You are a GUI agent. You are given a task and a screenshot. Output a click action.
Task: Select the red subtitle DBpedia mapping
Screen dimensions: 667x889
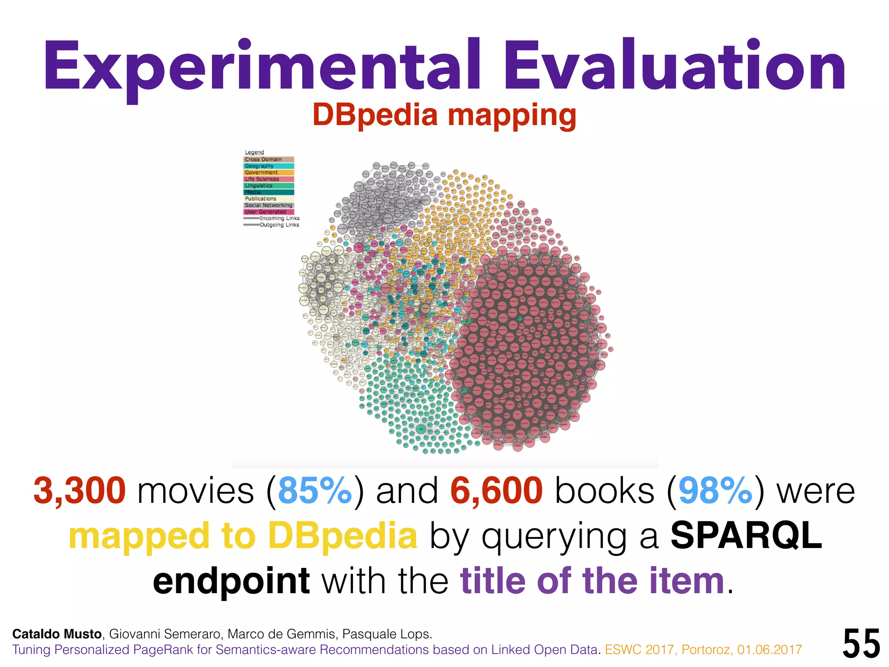[444, 115]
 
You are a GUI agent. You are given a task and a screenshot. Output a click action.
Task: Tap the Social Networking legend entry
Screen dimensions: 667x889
[268, 205]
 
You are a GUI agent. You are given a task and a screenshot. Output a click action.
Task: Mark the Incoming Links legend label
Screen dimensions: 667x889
[279, 218]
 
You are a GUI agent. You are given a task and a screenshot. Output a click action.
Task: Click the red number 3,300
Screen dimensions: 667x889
[80, 491]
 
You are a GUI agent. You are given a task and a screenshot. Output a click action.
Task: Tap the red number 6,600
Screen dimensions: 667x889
[497, 491]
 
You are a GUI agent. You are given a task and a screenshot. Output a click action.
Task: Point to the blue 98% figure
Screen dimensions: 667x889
[715, 491]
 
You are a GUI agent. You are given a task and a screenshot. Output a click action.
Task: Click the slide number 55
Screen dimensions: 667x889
[861, 644]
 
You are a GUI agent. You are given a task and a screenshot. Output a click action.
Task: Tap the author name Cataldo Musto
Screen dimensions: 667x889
[57, 634]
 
